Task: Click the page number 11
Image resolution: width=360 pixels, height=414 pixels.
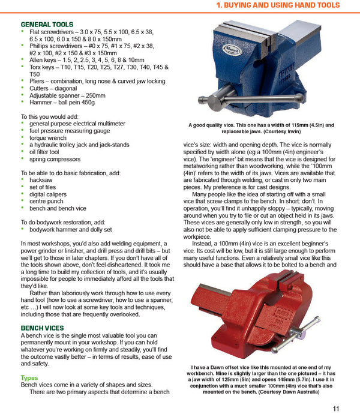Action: coord(336,407)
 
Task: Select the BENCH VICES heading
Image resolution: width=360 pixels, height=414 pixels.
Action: coord(42,328)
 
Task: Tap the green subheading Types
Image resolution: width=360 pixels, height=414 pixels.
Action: coord(29,377)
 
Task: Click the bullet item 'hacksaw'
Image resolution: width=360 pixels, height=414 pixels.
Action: coord(41,180)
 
